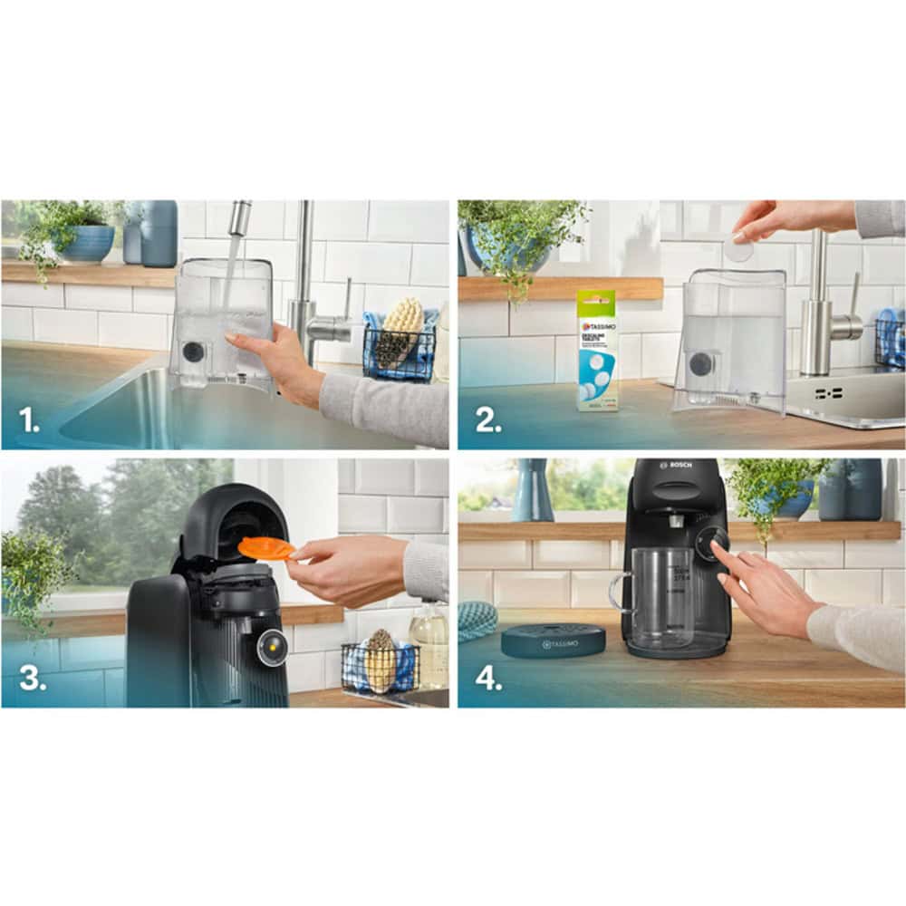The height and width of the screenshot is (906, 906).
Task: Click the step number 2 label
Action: [x=487, y=420]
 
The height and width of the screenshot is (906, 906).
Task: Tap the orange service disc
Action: [x=265, y=548]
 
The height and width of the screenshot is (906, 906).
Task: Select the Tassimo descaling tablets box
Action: [x=597, y=351]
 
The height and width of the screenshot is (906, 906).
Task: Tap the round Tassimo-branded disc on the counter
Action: [x=553, y=641]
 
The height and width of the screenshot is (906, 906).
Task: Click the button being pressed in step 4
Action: [x=718, y=541]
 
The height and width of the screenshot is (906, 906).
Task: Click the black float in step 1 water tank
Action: [x=193, y=352]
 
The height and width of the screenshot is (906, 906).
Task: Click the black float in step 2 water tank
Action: [x=700, y=364]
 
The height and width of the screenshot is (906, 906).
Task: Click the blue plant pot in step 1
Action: [x=83, y=243]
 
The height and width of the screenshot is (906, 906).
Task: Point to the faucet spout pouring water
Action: [x=239, y=217]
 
